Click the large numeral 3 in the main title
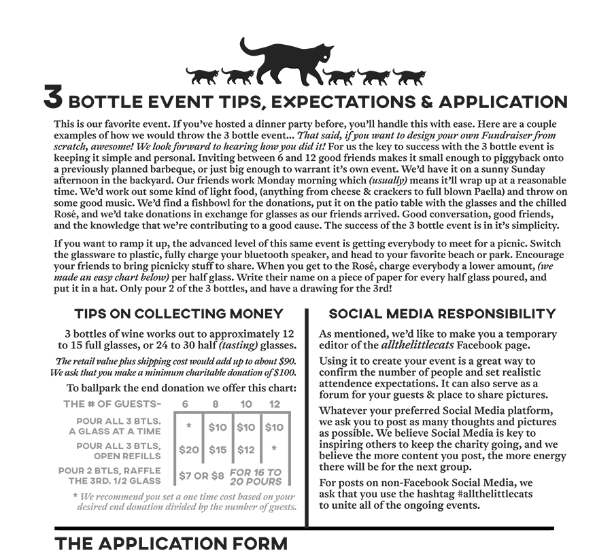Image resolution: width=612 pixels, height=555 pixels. (x=54, y=99)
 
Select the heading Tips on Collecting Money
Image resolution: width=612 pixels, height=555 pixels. (x=179, y=314)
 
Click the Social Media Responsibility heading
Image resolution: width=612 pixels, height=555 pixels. (x=442, y=314)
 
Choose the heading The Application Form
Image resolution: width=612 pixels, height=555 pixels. (x=171, y=543)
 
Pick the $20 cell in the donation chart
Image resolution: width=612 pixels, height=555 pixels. (x=189, y=450)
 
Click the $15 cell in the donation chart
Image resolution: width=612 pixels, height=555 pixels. (x=218, y=450)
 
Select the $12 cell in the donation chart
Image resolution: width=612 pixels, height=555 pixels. (x=246, y=450)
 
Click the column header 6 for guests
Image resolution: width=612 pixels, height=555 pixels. (x=185, y=404)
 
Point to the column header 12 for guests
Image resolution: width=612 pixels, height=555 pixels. (x=275, y=404)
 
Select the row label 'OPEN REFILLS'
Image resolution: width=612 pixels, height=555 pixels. (x=127, y=456)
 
